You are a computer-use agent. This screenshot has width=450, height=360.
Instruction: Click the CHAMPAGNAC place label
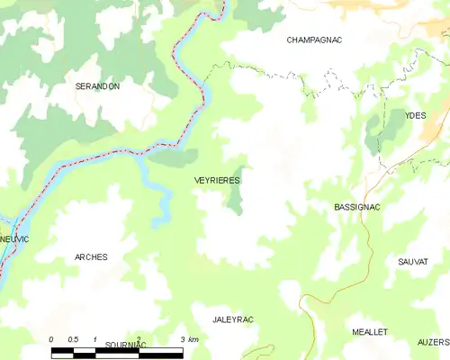315,40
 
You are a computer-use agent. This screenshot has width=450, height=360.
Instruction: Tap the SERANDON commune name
97,85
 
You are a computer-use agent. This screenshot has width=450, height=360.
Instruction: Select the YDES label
415,115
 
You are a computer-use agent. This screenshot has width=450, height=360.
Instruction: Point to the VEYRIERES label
217,181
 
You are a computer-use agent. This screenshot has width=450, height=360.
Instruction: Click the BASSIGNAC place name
356,207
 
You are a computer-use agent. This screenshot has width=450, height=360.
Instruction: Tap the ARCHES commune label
91,257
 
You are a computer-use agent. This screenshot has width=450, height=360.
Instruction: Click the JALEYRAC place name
233,319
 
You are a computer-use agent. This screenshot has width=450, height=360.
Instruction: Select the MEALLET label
370,331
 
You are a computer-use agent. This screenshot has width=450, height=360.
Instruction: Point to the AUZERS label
433,343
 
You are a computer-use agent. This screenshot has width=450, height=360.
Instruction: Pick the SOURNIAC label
125,345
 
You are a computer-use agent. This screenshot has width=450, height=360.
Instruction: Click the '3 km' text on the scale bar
190,338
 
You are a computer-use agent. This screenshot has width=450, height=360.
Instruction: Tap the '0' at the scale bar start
51,338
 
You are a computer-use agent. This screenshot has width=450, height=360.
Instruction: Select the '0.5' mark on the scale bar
73,338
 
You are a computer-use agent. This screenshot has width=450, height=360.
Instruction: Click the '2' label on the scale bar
139,338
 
